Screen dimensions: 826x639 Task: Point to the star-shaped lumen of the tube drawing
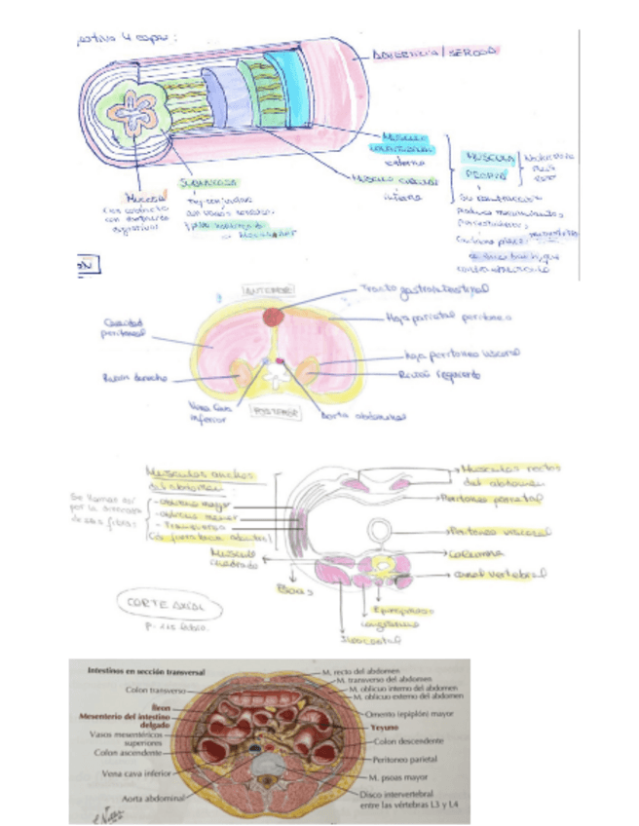[x=140, y=113]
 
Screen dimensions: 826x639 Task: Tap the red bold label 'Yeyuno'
[x=383, y=726]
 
